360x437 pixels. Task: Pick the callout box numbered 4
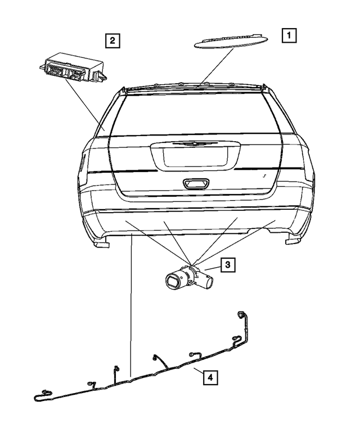click(209, 377)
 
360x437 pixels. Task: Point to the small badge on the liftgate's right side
click(264, 176)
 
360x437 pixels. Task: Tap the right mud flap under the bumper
click(293, 241)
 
